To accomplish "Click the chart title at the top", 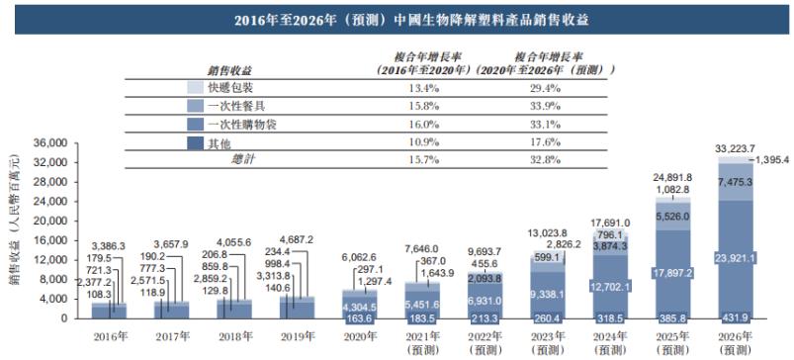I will (397, 19).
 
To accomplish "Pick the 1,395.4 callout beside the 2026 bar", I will (773, 160).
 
